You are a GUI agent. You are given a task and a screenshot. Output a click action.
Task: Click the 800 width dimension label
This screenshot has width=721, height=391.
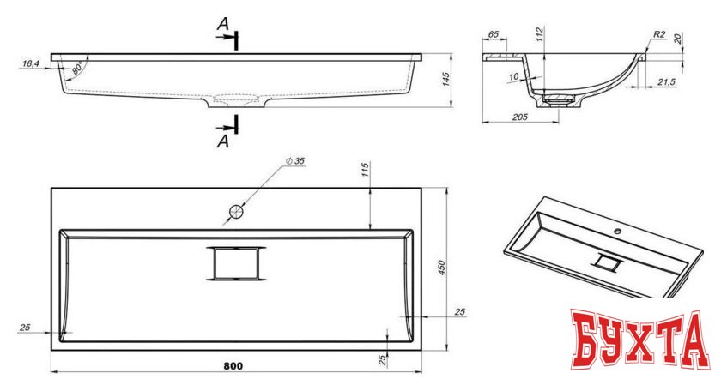point(233,366)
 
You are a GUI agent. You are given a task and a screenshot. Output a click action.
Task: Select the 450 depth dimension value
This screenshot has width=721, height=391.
point(441,268)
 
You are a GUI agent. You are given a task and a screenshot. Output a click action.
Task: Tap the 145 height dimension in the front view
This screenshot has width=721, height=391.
point(445,79)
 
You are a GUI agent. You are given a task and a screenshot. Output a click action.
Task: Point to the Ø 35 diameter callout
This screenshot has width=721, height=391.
point(295,161)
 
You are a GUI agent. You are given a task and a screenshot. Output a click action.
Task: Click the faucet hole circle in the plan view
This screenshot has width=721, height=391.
point(236,212)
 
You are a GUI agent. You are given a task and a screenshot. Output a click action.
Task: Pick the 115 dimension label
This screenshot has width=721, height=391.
point(365,170)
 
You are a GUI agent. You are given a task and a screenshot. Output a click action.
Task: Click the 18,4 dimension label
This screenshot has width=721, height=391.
point(30,63)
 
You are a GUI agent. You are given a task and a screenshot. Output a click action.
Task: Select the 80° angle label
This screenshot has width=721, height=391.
point(77,69)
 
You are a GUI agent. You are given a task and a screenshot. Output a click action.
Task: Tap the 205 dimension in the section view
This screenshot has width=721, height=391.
point(519,117)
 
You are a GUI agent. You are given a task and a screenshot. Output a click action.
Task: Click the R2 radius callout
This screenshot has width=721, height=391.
point(659,34)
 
